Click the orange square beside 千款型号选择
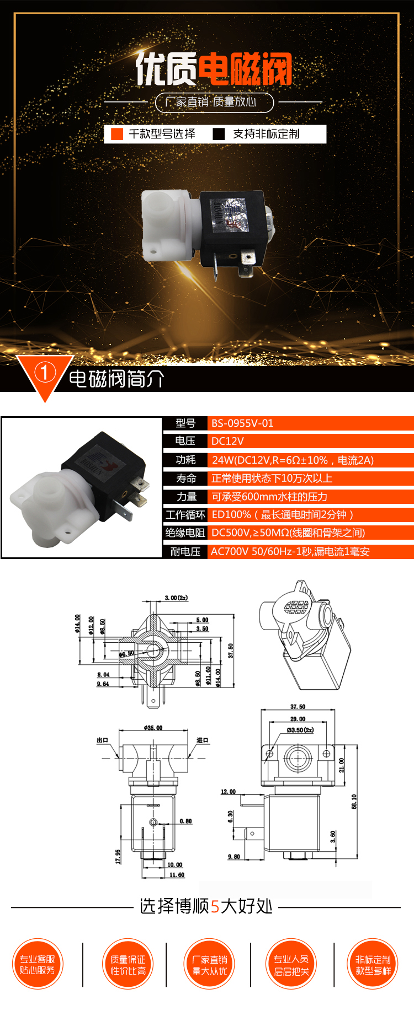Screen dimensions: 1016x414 tap(117, 134)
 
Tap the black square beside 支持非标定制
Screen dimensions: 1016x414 tap(219, 134)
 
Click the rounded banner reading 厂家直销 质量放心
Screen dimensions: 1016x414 tap(214, 102)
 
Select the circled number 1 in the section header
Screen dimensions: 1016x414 tap(45, 372)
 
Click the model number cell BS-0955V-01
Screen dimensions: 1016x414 tap(242, 423)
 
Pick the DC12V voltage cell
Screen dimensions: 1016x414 tap(227, 441)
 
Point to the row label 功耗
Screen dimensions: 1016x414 tap(185, 460)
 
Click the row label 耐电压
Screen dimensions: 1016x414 tap(185, 551)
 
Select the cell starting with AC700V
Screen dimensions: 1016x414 tap(290, 551)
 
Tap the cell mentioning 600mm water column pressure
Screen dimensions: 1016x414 tap(269, 497)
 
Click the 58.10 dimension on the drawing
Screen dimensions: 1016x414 tap(354, 802)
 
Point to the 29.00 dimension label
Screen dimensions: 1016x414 tap(298, 719)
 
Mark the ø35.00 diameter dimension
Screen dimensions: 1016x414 tap(153, 728)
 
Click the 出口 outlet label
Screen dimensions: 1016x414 tap(103, 740)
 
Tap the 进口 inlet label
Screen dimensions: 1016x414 tap(203, 740)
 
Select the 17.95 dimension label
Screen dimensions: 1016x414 tap(118, 856)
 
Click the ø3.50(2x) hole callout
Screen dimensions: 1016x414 tap(300, 730)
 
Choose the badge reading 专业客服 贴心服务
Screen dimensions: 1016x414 tap(38, 965)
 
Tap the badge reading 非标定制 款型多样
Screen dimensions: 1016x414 tap(373, 965)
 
